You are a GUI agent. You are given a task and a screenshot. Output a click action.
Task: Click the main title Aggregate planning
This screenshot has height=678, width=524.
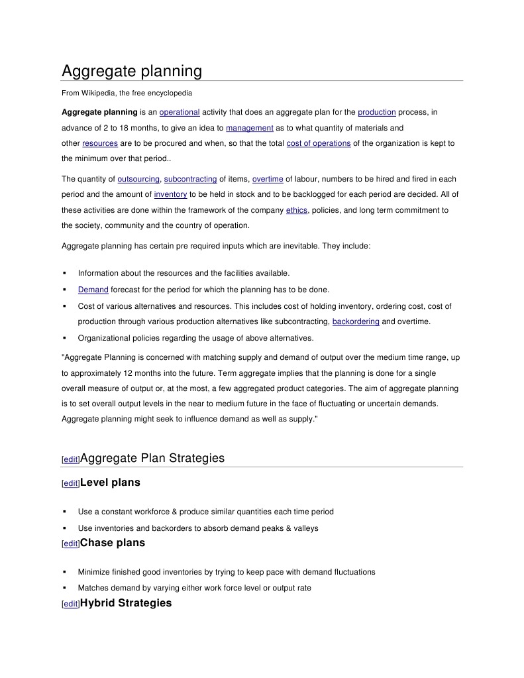click(x=132, y=71)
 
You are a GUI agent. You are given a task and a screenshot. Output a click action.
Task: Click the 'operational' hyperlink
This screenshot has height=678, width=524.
click(x=180, y=112)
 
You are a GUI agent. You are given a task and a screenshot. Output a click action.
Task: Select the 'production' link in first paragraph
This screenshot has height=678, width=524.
click(x=376, y=112)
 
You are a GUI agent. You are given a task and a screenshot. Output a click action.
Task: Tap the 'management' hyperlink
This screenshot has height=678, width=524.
click(x=250, y=128)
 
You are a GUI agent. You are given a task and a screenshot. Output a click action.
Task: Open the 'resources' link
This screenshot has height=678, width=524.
click(x=100, y=143)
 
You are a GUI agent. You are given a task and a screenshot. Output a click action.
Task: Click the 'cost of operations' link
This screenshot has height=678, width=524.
click(x=319, y=143)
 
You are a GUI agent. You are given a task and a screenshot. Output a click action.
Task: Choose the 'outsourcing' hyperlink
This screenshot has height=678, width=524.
click(x=138, y=179)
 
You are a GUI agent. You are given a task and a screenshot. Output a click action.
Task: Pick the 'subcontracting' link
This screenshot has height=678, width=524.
click(x=190, y=179)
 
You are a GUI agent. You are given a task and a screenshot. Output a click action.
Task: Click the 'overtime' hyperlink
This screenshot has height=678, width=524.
click(x=268, y=179)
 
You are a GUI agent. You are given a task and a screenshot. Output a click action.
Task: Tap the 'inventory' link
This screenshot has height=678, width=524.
click(x=170, y=194)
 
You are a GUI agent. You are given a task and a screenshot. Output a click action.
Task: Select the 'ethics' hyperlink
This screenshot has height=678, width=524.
click(x=296, y=210)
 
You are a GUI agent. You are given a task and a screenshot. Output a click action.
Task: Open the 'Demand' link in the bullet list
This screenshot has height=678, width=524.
click(x=93, y=290)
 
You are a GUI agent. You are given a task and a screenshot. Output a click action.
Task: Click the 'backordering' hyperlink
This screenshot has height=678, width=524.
click(x=356, y=321)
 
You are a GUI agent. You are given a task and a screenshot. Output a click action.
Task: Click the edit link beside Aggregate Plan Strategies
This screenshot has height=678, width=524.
click(x=70, y=459)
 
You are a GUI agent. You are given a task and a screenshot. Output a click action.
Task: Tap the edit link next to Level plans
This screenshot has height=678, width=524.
click(x=70, y=484)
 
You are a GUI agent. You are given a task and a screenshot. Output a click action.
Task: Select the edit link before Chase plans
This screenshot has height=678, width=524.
click(x=70, y=544)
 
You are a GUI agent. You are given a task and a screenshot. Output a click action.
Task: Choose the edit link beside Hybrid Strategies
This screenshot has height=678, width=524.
click(x=70, y=604)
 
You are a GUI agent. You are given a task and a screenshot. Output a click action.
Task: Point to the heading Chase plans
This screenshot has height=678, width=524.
click(x=112, y=543)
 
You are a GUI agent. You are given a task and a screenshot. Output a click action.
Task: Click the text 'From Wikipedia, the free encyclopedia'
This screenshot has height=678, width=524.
click(x=127, y=92)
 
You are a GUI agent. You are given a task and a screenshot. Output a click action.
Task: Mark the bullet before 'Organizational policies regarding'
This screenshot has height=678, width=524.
click(x=64, y=338)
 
